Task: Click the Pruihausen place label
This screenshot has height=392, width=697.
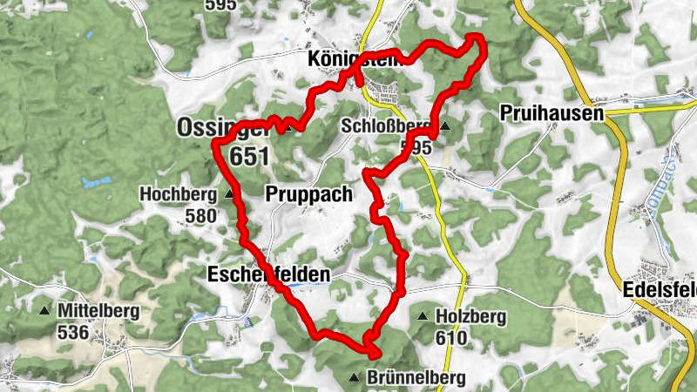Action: click(x=552, y=113)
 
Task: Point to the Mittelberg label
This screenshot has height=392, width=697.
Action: click(x=98, y=310)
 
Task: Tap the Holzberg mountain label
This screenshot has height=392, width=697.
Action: click(x=471, y=317)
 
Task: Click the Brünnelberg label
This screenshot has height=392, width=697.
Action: click(x=416, y=378)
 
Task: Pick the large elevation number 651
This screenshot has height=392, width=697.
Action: click(x=251, y=155)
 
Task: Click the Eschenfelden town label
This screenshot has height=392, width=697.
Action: click(x=269, y=275)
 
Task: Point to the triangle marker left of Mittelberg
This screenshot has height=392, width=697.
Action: click(x=44, y=310)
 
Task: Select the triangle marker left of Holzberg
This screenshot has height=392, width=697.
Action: click(x=423, y=317)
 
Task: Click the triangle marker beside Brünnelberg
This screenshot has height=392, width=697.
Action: click(x=354, y=377)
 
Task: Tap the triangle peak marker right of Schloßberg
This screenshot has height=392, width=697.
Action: click(x=446, y=126)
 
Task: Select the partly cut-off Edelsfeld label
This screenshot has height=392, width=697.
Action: click(x=660, y=291)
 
